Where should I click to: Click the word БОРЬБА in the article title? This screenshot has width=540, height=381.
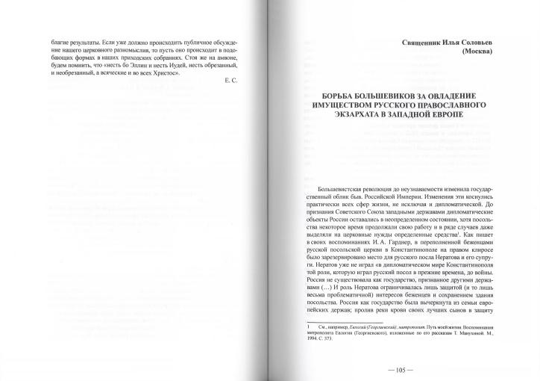pyautogui.click(x=336, y=97)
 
